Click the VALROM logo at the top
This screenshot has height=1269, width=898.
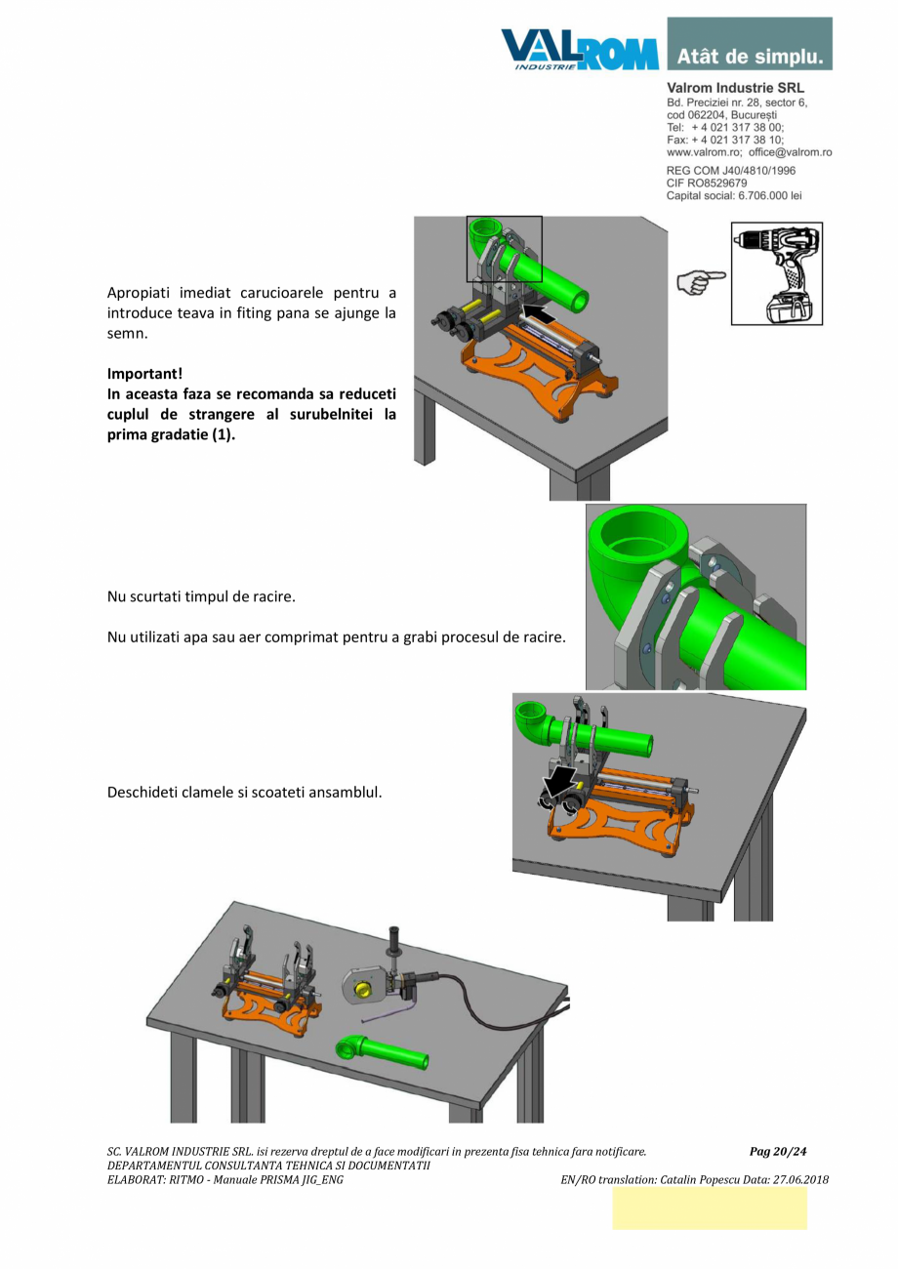(580, 48)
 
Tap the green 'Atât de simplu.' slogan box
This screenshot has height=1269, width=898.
(750, 44)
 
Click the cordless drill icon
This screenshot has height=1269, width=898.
(777, 273)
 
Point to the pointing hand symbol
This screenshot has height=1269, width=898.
(702, 280)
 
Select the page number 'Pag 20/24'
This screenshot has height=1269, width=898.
(778, 1151)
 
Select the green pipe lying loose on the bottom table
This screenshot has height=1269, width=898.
(382, 1049)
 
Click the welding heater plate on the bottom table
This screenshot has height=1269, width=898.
(362, 984)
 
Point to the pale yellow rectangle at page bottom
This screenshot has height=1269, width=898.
(709, 1208)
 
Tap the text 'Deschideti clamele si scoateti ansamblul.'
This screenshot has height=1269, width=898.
(243, 791)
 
